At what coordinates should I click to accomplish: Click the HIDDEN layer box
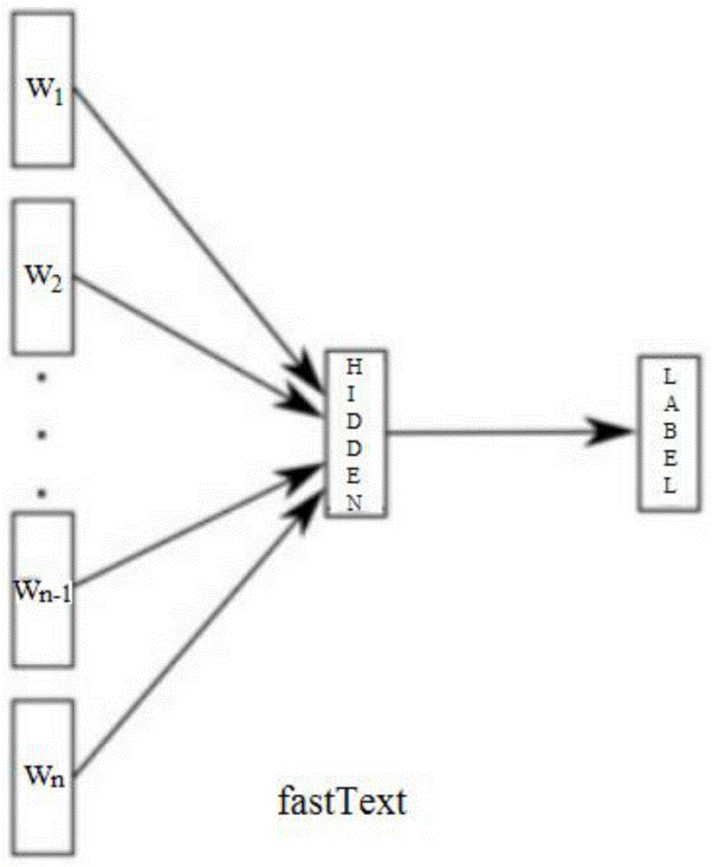[356, 434]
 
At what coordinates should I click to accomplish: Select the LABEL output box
[668, 433]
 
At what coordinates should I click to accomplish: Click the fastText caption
[340, 802]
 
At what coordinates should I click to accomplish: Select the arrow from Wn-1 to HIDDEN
[191, 528]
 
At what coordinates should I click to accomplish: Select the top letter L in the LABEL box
[668, 377]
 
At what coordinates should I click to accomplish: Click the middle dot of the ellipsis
[42, 433]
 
